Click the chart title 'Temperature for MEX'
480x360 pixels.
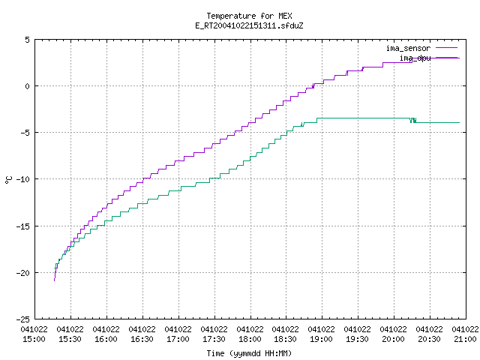click(x=249, y=16)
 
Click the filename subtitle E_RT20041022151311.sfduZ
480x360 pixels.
click(x=249, y=25)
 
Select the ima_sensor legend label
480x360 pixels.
click(x=408, y=48)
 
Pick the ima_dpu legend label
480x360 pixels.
click(x=415, y=58)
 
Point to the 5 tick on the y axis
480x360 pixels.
click(x=27, y=40)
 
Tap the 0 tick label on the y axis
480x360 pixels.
click(x=27, y=86)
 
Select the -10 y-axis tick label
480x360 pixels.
click(x=23, y=179)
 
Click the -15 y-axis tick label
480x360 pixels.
click(x=23, y=226)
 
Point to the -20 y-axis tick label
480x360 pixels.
click(x=23, y=273)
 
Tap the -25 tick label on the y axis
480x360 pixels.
click(x=23, y=319)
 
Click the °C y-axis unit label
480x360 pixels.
click(x=9, y=180)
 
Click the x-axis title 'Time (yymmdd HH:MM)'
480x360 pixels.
click(x=249, y=353)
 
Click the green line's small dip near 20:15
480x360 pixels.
click(x=413, y=121)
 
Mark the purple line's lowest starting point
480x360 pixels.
click(x=55, y=280)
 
